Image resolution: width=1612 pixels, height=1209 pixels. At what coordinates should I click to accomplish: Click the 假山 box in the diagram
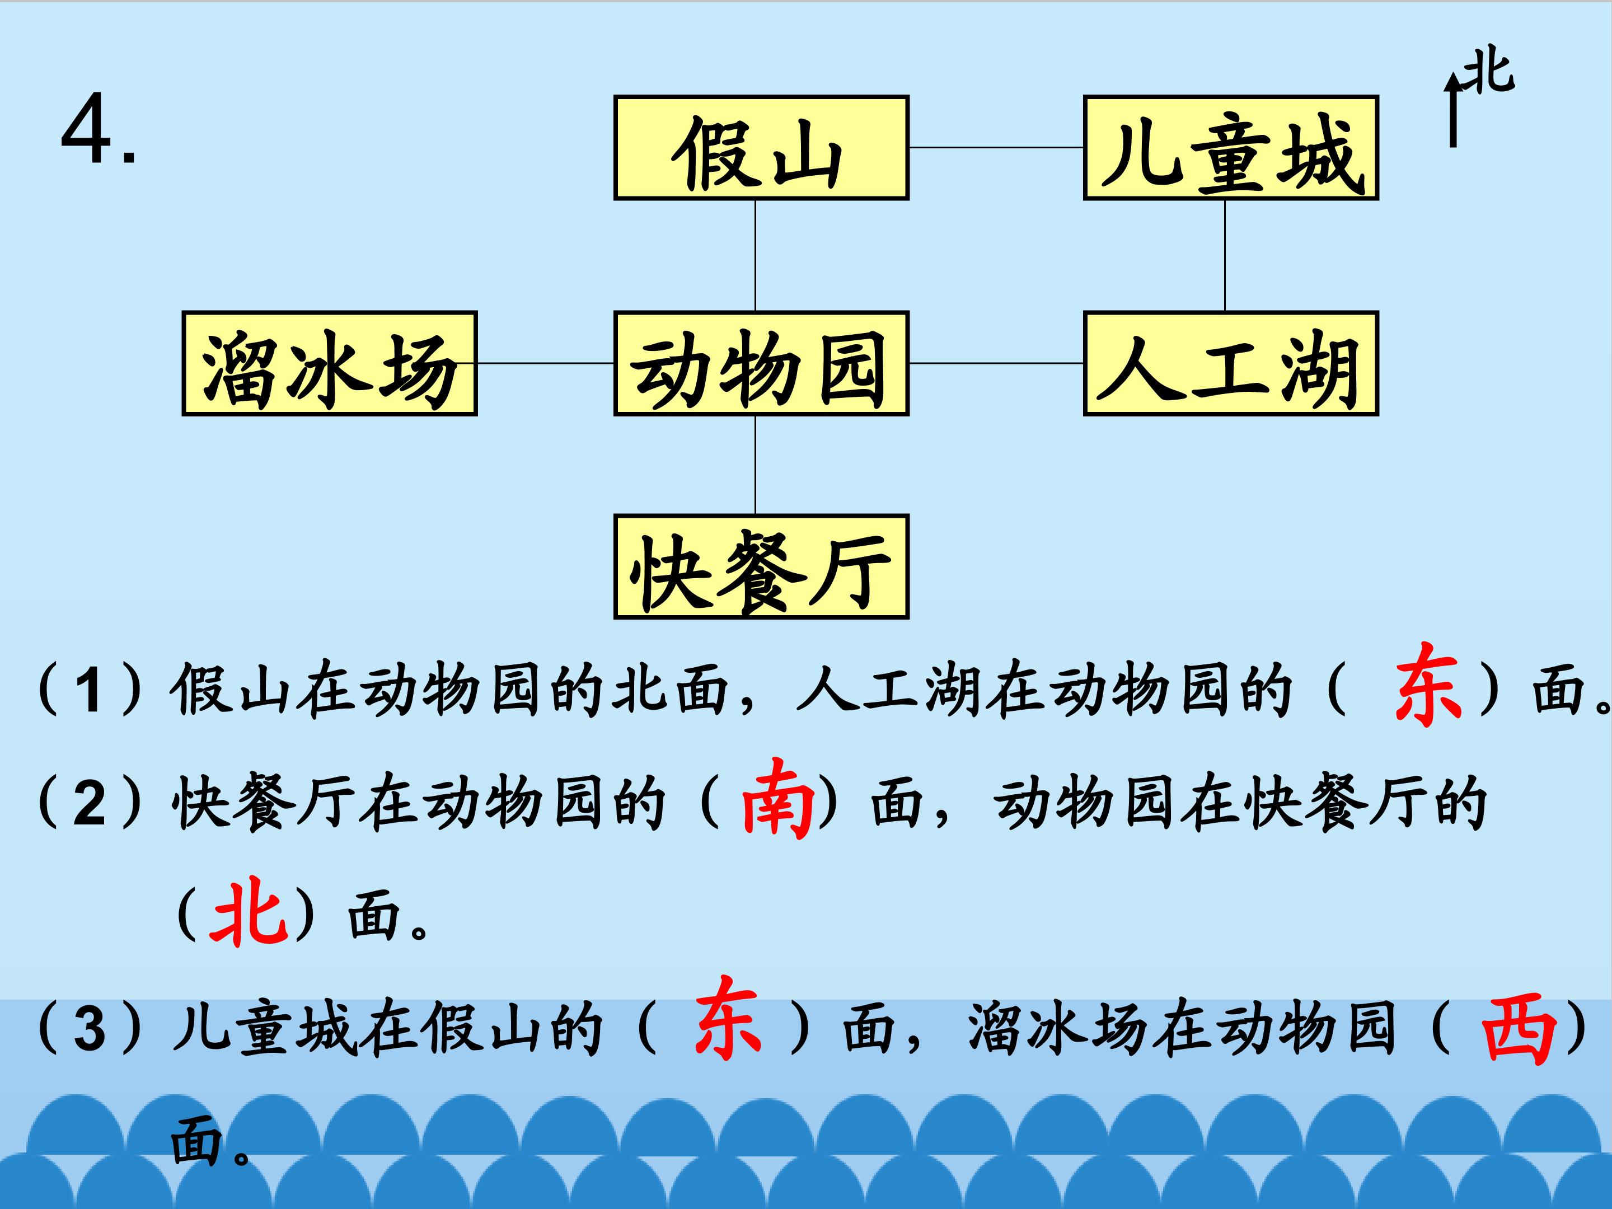coord(761,147)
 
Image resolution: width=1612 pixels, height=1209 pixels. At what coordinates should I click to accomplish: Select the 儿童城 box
coord(1231,147)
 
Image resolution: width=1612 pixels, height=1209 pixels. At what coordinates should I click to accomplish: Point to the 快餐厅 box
coord(761,566)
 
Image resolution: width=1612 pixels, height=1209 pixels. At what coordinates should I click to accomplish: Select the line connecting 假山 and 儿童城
coord(996,147)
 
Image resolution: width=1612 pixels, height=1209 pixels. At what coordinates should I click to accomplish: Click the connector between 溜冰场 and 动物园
coord(546,363)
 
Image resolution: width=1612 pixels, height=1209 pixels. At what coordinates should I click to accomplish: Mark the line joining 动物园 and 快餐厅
coord(755,466)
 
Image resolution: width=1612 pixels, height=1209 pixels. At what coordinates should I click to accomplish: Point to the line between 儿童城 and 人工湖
coord(1224,256)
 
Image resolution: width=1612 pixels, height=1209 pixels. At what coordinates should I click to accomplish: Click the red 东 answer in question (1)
coord(1428,685)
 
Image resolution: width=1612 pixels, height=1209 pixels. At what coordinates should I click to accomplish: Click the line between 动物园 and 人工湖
coord(996,363)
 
